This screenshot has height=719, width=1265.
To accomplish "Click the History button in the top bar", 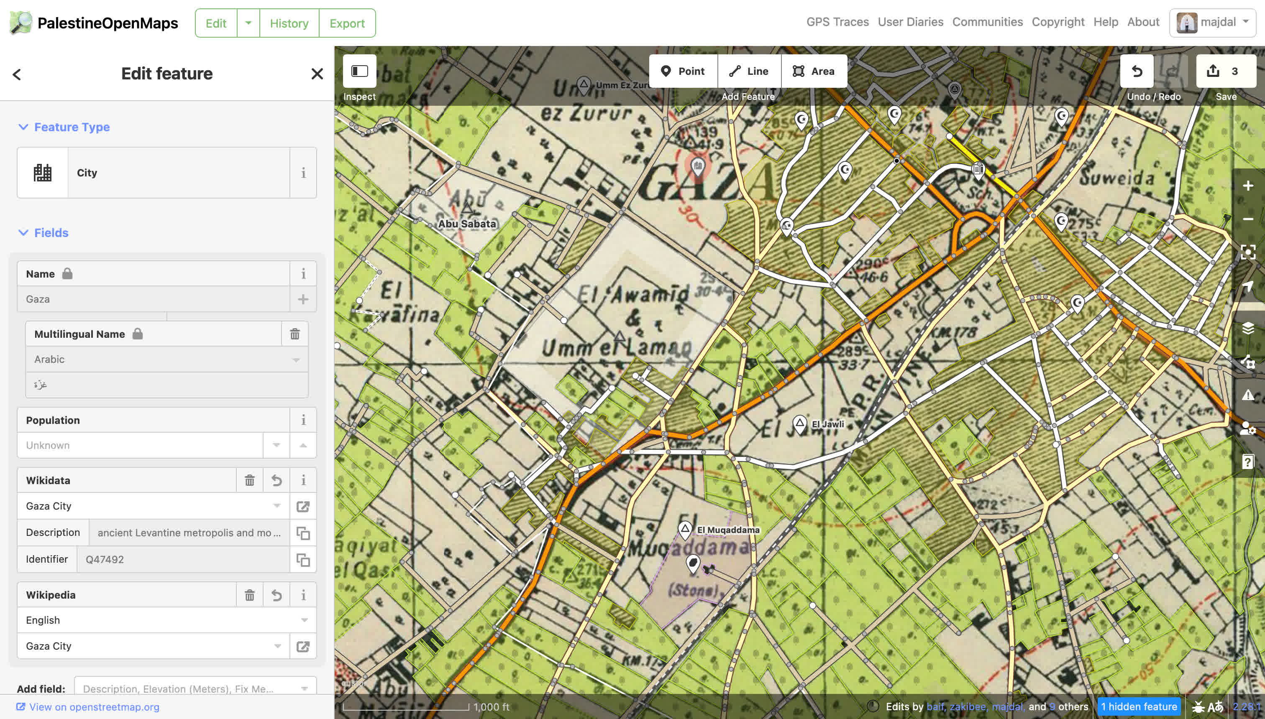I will coord(289,23).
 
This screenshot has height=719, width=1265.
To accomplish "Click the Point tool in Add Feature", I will coord(683,71).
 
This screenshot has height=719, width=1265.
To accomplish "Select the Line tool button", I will coord(749,71).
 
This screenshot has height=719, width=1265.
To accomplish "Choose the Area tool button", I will coord(814,71).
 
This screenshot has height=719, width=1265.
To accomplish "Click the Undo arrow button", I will coord(1137,71).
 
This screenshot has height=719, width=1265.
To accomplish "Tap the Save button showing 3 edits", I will coord(1226,71).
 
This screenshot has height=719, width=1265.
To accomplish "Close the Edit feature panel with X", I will coord(317,74).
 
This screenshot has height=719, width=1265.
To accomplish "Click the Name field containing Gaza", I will coord(153,299).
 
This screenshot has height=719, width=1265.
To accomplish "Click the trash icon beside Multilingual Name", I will coord(295,334).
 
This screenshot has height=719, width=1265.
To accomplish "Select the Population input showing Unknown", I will coord(140,446).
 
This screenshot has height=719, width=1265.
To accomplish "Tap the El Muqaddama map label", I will coord(728,530).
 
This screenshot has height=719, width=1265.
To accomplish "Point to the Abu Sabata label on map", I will coord(467,224).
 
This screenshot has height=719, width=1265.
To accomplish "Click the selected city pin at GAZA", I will coord(697,166).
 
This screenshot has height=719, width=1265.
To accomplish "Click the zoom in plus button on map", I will coord(1248,186).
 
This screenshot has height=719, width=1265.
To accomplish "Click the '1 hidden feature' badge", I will coord(1139,706).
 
